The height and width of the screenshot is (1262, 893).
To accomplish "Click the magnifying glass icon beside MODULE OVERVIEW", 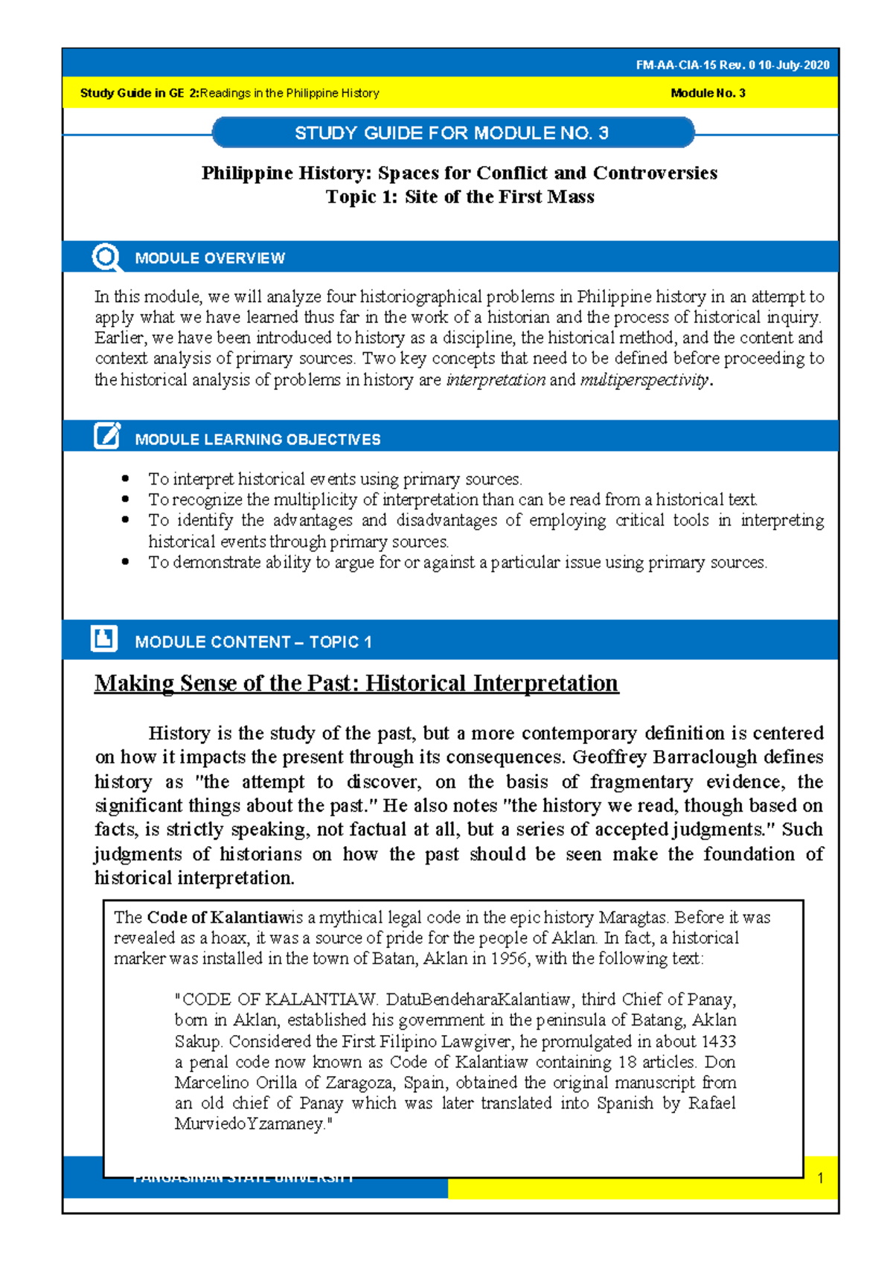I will coord(106,257).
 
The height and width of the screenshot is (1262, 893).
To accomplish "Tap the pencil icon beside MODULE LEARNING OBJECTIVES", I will coord(106,436).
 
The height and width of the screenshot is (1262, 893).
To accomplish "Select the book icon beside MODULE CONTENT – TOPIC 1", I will coord(104,638).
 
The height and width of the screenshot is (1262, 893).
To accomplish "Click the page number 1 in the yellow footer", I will coord(820,1178).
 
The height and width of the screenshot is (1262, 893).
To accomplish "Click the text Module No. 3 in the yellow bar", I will coord(708,93).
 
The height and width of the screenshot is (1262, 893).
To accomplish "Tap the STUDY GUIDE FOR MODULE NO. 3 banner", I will coord(452,133).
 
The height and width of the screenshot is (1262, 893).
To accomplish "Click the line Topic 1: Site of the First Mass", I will coord(459,197).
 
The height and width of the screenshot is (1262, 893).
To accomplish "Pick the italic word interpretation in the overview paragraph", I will coord(496,380).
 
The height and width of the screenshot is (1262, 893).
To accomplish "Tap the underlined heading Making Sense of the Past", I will coord(356,683).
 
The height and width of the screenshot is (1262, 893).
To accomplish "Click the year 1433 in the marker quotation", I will coord(718,1041).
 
